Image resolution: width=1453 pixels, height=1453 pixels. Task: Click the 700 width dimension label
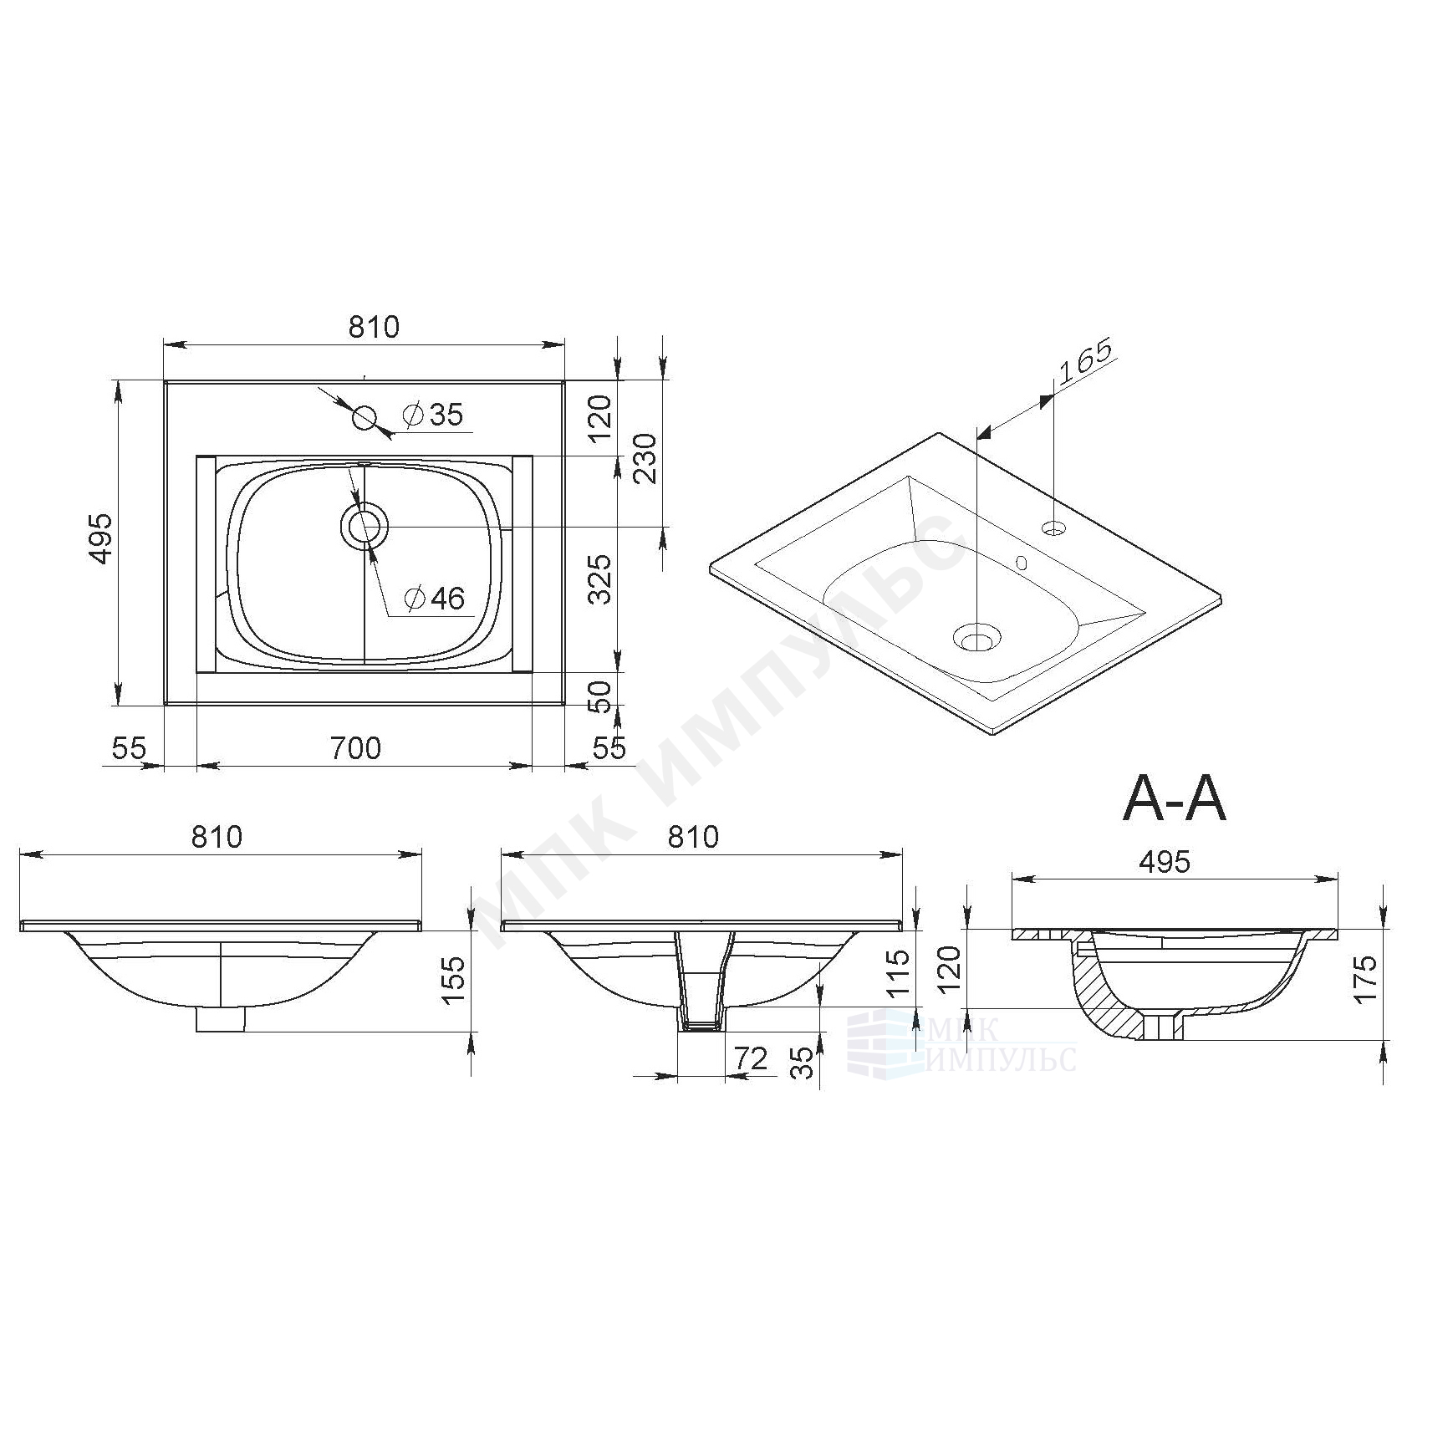coord(355,747)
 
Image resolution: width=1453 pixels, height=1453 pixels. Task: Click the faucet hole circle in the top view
coord(365,417)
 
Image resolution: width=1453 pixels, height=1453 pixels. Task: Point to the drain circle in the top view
coord(364,527)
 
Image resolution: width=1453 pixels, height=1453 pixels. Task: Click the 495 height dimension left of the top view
coord(101,538)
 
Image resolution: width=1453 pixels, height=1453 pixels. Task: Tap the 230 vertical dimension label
coord(647,458)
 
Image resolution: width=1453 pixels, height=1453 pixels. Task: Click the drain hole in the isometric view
coord(976,639)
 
